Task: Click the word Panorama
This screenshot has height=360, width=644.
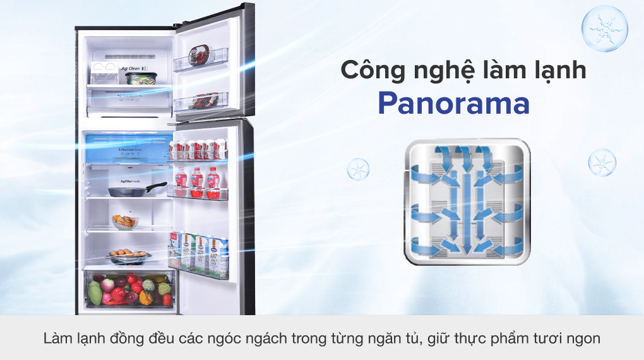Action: point(453,104)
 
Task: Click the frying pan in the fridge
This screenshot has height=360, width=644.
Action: point(130,189)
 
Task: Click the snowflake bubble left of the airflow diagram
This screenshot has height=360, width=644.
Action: point(359,169)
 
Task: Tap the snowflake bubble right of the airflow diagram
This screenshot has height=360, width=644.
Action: point(602,162)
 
